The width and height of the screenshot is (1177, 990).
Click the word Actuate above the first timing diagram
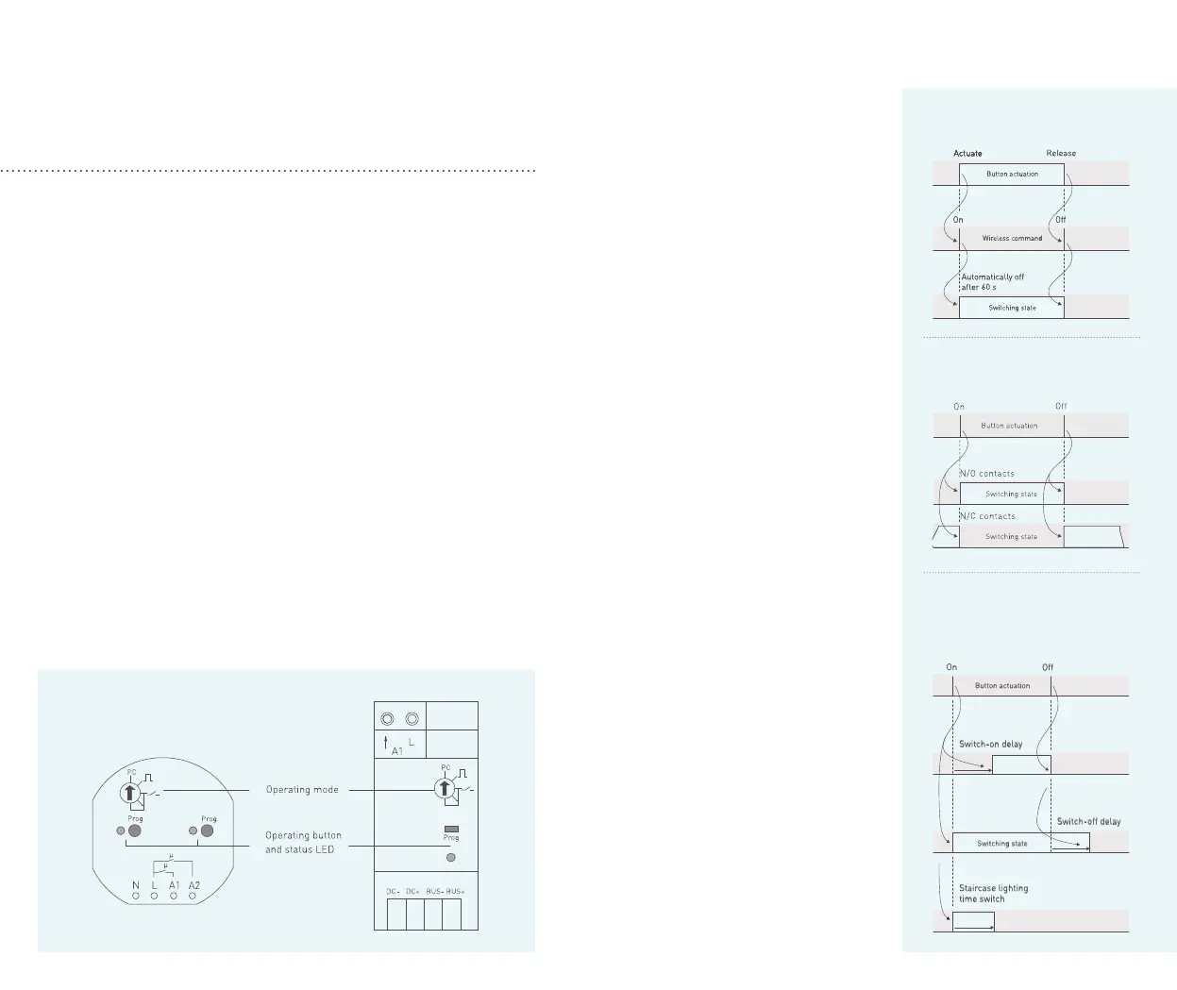click(x=967, y=153)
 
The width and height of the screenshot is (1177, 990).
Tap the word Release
click(x=1061, y=153)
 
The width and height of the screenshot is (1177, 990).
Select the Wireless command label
click(x=1012, y=238)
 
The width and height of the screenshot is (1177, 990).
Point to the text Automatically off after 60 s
click(x=992, y=282)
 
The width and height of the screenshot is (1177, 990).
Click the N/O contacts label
click(x=987, y=474)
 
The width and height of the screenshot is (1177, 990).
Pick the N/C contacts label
click(x=987, y=516)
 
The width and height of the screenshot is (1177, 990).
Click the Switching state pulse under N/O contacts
click(x=1011, y=494)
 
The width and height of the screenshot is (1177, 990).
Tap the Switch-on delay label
click(x=991, y=744)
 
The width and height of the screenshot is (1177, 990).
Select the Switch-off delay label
click(x=1088, y=821)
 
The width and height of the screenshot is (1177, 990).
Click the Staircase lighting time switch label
click(x=993, y=893)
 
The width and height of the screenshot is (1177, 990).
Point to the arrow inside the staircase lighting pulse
click(x=973, y=928)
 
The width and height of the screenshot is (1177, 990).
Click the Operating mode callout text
click(x=302, y=790)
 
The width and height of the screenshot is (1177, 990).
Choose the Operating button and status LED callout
click(x=303, y=842)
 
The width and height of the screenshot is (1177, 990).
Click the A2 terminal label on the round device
click(x=194, y=885)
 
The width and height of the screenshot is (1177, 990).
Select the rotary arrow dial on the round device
click(x=131, y=794)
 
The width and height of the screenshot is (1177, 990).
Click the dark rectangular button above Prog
click(x=451, y=829)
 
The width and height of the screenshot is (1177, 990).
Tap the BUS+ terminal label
click(x=455, y=891)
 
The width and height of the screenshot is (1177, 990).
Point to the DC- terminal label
click(x=394, y=891)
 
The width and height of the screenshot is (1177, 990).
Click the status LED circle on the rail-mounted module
click(x=451, y=857)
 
